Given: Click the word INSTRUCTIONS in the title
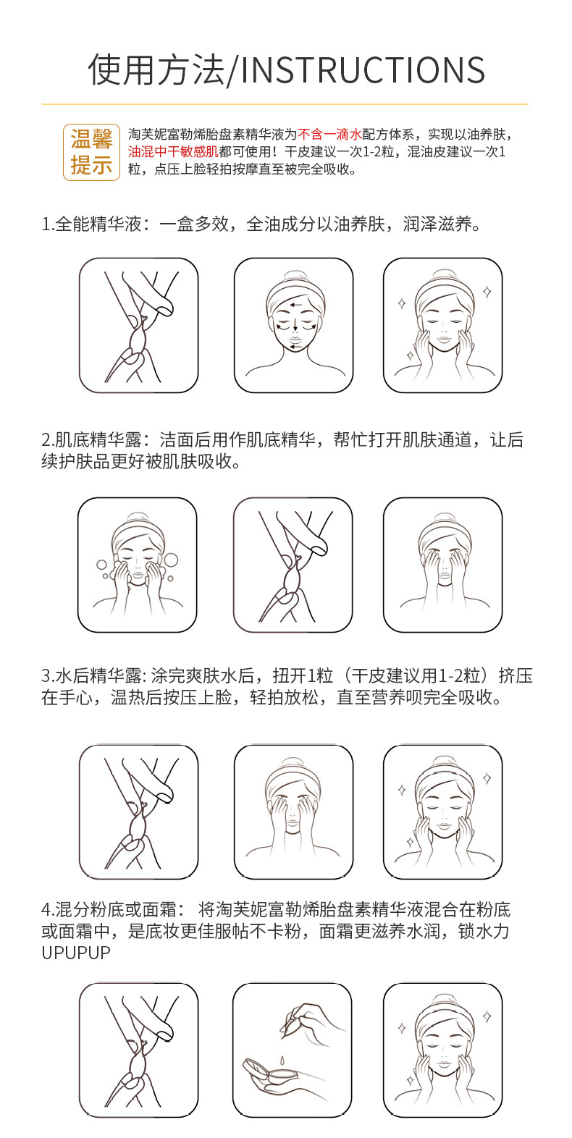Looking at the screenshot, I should point(363,70).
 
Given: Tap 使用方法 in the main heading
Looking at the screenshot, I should point(156,70).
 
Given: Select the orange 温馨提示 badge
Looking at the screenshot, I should point(91,151).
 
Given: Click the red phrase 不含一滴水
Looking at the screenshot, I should point(329,134).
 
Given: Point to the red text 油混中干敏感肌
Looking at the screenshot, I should point(173,151).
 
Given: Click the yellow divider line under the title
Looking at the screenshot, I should point(285,104).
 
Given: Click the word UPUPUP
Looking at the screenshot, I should point(76,953).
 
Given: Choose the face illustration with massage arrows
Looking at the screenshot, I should point(293,325).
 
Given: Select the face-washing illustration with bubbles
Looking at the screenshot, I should point(138,564).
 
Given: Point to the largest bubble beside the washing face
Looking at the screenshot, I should point(171,560).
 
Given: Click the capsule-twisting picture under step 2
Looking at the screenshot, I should point(293,564).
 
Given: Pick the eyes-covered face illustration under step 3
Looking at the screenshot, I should point(293,812).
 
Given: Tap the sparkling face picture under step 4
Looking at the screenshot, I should point(442,1050).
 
